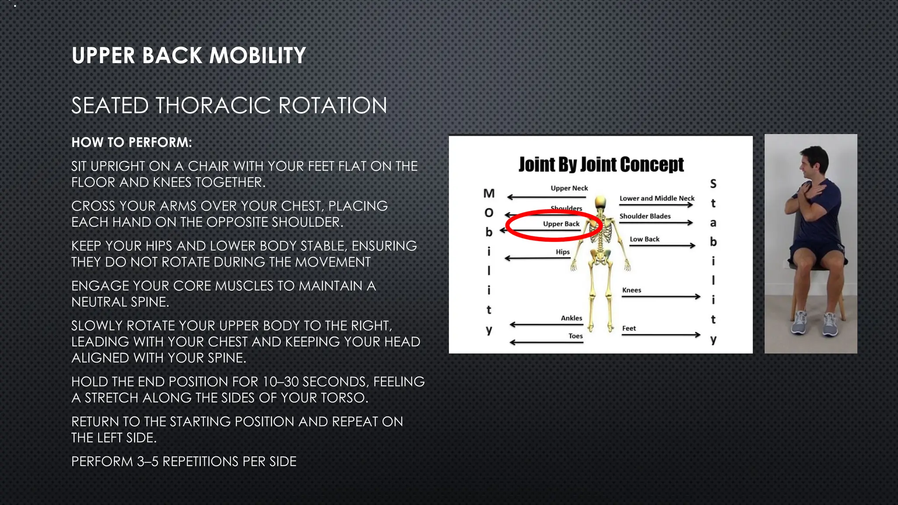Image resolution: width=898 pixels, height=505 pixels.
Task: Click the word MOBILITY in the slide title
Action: [x=257, y=56]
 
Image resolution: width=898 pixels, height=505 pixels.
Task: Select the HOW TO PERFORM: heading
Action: [x=132, y=142]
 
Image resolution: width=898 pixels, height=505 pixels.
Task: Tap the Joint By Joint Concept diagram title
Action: [x=601, y=164]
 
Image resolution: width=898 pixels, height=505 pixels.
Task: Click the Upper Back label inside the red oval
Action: [x=561, y=224]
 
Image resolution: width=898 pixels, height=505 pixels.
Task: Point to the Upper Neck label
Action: [x=569, y=188]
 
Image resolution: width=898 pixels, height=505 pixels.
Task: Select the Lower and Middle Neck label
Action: [x=656, y=198]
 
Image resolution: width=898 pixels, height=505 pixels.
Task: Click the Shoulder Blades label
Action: [x=645, y=216]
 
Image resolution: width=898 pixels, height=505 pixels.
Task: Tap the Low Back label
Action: [x=644, y=239]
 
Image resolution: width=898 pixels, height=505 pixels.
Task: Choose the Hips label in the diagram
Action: [x=563, y=252]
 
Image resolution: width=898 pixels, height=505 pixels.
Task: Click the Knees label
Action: [x=631, y=290]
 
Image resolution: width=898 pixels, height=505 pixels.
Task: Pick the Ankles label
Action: [x=571, y=318]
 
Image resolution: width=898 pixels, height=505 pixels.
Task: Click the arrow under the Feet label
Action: [x=661, y=335]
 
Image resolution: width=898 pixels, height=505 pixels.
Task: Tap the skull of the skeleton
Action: [x=600, y=202]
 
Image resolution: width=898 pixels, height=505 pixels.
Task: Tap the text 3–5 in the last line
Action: [x=147, y=462]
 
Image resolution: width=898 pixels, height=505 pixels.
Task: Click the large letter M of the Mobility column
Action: [x=489, y=193]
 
